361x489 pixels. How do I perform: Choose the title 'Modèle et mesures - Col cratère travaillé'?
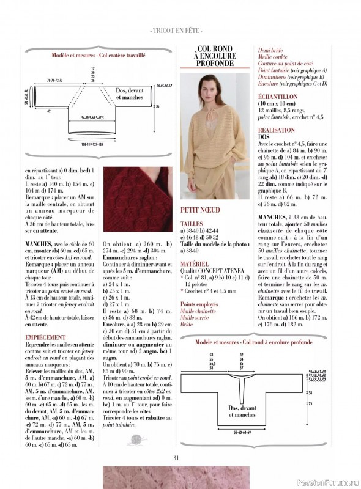(x=99, y=54)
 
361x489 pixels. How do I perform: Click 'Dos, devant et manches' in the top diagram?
(x=133, y=93)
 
